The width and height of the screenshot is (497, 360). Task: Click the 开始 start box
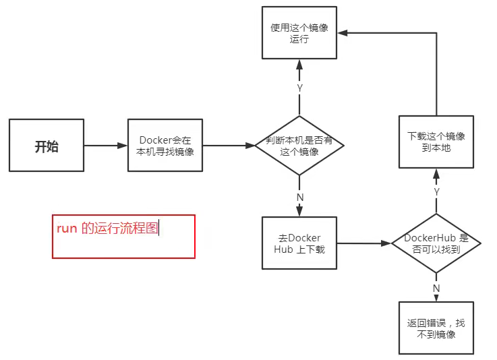tap(47, 145)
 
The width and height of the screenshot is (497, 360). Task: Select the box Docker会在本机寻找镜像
tap(165, 145)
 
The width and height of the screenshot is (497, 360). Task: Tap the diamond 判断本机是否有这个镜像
tap(299, 146)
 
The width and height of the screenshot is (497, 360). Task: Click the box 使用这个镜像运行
tap(299, 33)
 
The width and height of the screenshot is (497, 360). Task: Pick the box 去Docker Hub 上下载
tap(299, 243)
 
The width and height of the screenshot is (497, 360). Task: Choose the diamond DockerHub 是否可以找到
tap(436, 243)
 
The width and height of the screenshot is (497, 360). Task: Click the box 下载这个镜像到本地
tap(436, 141)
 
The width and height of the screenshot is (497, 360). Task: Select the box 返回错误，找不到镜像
tap(436, 328)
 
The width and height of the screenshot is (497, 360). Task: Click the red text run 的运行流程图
tap(108, 229)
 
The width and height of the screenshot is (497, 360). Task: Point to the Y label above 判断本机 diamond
tap(299, 88)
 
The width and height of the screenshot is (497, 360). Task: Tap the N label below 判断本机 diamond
tap(300, 197)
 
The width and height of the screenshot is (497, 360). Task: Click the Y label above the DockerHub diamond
tap(436, 191)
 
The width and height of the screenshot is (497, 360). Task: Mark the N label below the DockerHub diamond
tap(436, 288)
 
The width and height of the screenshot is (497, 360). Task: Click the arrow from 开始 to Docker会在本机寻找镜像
tap(106, 145)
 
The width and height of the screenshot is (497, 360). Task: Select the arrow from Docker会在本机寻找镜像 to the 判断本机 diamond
tap(229, 145)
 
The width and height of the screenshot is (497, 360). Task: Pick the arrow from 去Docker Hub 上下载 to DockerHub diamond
tap(364, 243)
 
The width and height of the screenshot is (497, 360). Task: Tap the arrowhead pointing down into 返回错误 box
tap(436, 297)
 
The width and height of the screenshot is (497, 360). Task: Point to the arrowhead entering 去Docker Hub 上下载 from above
tap(299, 212)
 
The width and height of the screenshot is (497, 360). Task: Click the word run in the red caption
tap(67, 229)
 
